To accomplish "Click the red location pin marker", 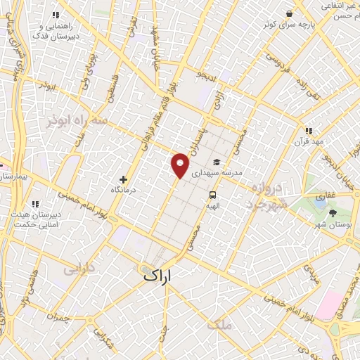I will click(181, 164).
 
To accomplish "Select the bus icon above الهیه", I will click(212, 195).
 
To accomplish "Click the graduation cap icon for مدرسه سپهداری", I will click(216, 162).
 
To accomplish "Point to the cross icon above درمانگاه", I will click(124, 179).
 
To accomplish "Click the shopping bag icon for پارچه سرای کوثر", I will click(288, 13).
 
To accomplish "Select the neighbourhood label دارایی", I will click(79, 269).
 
